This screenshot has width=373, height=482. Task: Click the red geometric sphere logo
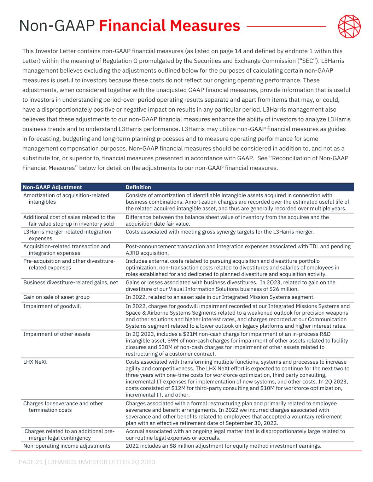[349, 26]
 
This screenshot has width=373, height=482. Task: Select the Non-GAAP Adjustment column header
[52, 187]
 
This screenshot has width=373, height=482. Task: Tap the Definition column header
[138, 187]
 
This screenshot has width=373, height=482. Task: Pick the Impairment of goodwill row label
[52, 306]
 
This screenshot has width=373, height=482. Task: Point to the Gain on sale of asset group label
[56, 297]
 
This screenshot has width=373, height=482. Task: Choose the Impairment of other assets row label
[57, 334]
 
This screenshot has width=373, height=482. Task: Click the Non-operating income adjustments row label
[67, 446]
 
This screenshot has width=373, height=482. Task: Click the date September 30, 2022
[253, 423]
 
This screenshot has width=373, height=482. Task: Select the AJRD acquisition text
[147, 253]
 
